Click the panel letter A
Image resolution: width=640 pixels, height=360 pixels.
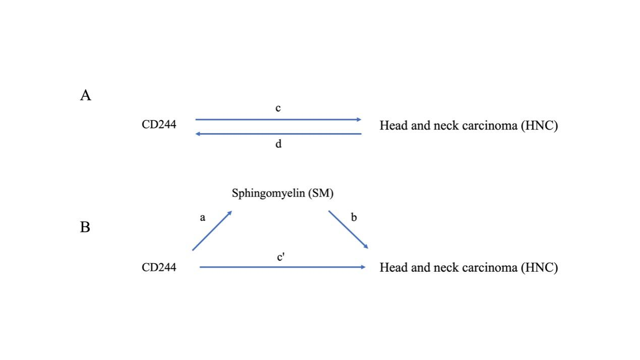coord(85,95)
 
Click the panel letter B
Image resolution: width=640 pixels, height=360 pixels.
coord(85,227)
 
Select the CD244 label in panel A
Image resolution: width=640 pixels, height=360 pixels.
coord(159,125)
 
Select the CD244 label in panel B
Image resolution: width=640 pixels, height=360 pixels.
coord(159,267)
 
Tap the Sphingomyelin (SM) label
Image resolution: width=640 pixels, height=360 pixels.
coord(282,193)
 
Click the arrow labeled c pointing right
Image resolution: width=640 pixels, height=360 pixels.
coord(278,119)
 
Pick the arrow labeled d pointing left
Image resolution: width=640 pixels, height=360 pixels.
coord(278,134)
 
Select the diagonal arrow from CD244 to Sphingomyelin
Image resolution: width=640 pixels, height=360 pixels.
coord(212,230)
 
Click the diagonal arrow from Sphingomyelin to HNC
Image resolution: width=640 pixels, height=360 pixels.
coord(348,229)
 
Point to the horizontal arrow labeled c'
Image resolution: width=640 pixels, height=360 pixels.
coord(282,267)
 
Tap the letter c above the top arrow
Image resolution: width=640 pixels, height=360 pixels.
coord(278,108)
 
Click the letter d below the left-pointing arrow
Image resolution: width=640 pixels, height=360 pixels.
coord(278,144)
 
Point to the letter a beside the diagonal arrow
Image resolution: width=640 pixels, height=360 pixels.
coord(203,218)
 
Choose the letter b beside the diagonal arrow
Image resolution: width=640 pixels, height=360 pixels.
coord(354,217)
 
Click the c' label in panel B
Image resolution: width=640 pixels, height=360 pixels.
coord(281,257)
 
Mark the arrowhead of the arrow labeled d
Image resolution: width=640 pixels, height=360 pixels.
coord(198,134)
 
